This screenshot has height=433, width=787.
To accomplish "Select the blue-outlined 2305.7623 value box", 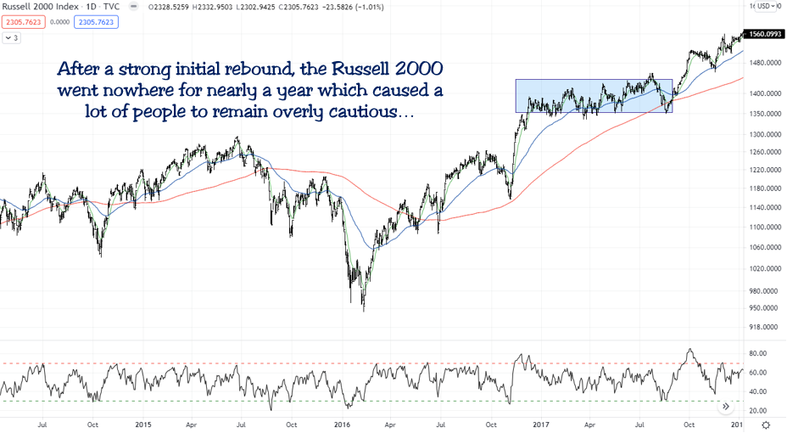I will click(x=96, y=22).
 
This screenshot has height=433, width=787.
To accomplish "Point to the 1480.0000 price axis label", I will click(x=764, y=64).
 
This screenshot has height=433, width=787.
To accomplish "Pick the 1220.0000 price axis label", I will click(x=764, y=171).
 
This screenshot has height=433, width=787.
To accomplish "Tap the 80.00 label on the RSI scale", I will click(x=757, y=353).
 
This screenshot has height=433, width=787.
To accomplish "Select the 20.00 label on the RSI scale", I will click(x=757, y=410).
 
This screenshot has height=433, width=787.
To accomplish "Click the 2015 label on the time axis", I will click(x=142, y=424).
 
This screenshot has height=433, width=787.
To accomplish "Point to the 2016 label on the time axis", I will click(x=343, y=424).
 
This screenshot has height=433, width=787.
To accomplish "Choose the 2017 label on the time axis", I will click(x=541, y=424).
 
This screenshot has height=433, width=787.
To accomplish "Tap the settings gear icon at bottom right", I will click(x=767, y=424).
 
